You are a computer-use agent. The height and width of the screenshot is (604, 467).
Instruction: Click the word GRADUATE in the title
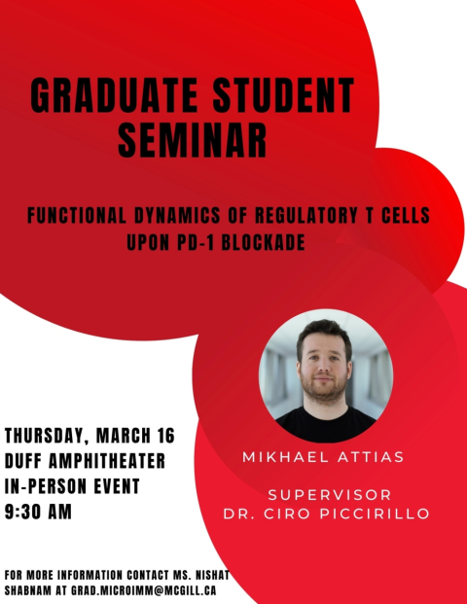pos(114,95)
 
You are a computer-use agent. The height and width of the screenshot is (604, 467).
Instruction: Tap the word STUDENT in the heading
pos(283,95)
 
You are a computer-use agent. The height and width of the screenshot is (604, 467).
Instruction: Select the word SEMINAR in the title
pos(193,140)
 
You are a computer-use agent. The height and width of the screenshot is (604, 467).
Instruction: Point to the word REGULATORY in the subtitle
pos(306,215)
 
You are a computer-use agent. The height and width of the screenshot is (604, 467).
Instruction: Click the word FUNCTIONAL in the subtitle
pos(77,215)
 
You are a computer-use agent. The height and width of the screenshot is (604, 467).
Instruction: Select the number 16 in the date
pos(166,436)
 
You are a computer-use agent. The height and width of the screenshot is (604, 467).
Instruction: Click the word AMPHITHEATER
pos(107,461)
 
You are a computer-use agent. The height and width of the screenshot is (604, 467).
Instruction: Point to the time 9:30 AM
pos(38,512)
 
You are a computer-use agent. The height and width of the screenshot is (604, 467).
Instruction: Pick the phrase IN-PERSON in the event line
pos(48,486)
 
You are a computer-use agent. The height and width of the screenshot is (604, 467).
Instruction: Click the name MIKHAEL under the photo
pos(286,457)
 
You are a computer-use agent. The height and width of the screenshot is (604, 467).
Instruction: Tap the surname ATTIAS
pos(371,457)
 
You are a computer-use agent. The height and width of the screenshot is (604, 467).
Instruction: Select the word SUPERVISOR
pos(330,495)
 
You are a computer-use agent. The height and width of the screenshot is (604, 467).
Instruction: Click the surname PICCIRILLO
pos(376,514)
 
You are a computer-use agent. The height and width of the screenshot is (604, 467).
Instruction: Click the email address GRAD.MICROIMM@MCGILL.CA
pos(143,590)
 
